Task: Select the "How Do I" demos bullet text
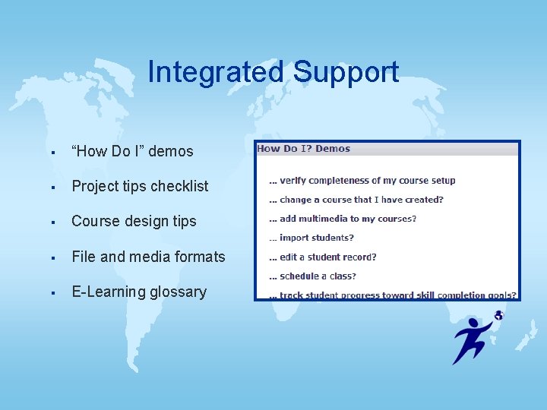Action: (x=132, y=151)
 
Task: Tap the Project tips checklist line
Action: (x=140, y=186)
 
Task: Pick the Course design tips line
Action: (x=134, y=221)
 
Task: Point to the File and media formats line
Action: (x=148, y=257)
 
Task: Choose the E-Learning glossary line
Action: (x=139, y=292)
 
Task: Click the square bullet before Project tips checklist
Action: (x=53, y=187)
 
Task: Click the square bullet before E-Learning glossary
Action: (x=53, y=292)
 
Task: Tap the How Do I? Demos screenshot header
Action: (x=304, y=149)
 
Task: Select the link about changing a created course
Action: (x=356, y=200)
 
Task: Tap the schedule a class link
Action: (x=312, y=276)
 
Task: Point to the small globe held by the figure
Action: (x=499, y=314)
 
